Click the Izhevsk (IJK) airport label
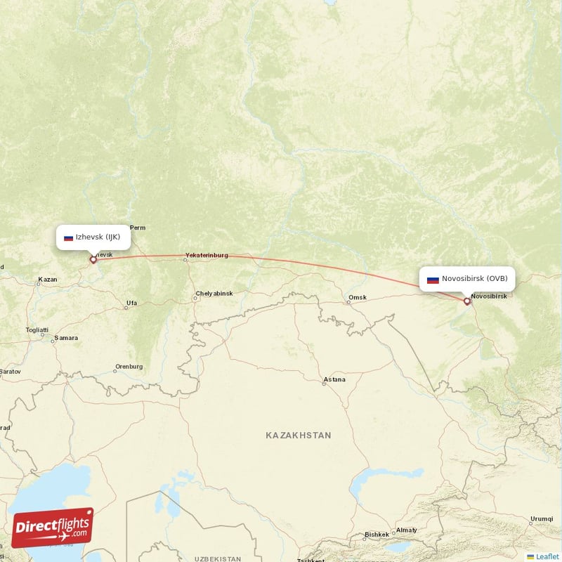point(93,237)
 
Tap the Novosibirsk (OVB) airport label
point(467,279)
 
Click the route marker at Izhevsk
point(93,259)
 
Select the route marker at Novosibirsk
point(467,301)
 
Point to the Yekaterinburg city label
point(207,255)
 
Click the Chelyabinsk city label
point(214,293)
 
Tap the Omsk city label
point(358,297)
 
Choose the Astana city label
point(334,379)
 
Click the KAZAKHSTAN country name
point(298,436)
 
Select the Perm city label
point(138,227)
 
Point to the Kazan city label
point(48,280)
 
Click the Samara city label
point(67,338)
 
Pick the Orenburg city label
point(129,366)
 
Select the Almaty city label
point(407,530)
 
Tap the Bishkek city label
point(377,535)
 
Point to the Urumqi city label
point(542,518)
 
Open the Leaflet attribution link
point(547,556)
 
